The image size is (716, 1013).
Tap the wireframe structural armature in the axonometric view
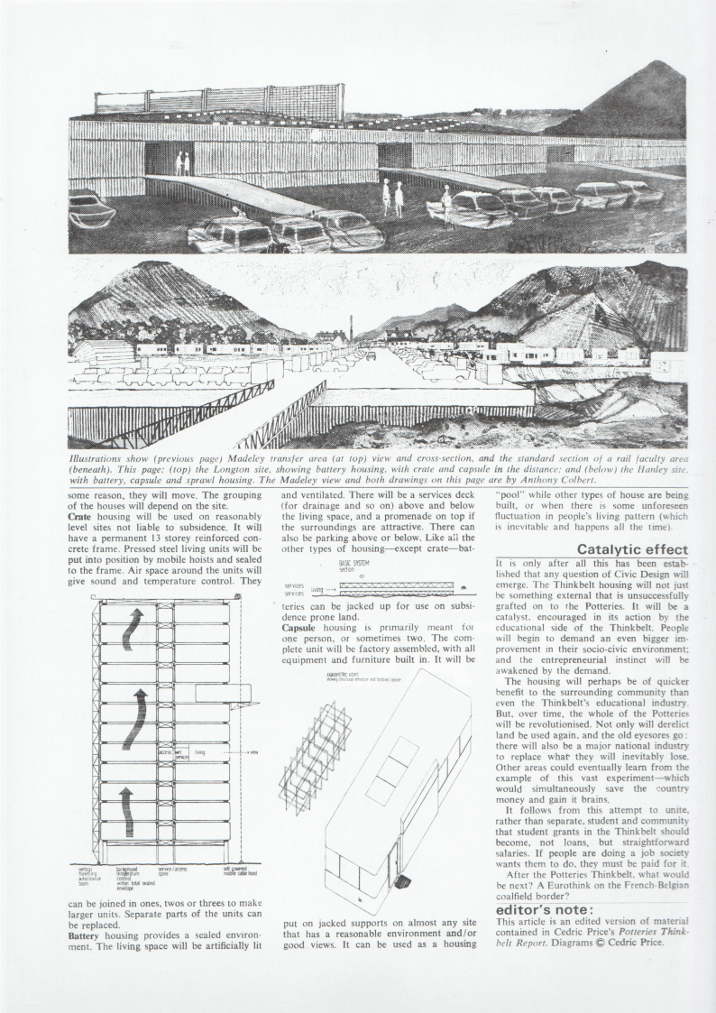click(316, 758)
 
